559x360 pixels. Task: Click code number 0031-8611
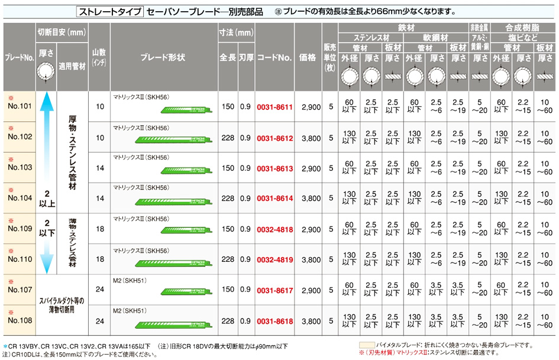tap(274, 107)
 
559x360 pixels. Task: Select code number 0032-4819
tap(274, 260)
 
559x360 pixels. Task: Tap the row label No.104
tap(20, 199)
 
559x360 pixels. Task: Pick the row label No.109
tap(20, 229)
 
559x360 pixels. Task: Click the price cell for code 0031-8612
tap(311, 138)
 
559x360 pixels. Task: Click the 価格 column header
tap(311, 57)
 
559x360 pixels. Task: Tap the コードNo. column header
tap(274, 57)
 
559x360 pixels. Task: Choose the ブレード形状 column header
tap(163, 57)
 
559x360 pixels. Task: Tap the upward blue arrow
tap(47, 142)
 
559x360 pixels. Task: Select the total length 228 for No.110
tap(228, 260)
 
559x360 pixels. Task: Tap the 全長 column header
tap(228, 57)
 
